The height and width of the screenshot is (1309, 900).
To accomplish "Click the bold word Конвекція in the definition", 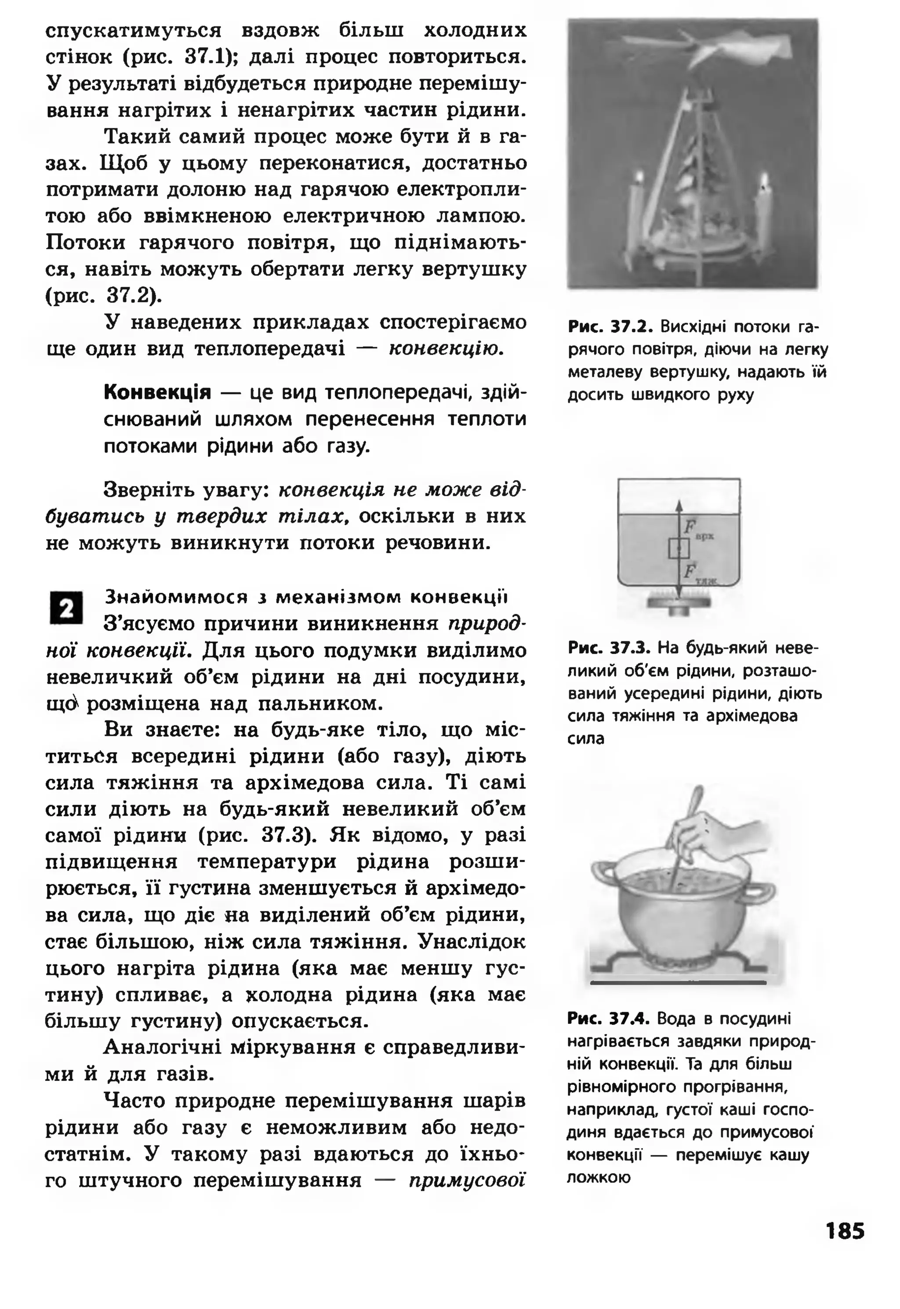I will [x=157, y=392].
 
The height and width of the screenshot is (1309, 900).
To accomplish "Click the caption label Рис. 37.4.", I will [x=609, y=1019].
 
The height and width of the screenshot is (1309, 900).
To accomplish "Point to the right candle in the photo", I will [x=764, y=214].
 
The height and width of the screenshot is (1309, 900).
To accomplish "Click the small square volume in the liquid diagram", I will [x=679, y=548].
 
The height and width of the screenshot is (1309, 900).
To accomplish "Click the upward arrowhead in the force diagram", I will [x=679, y=504].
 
